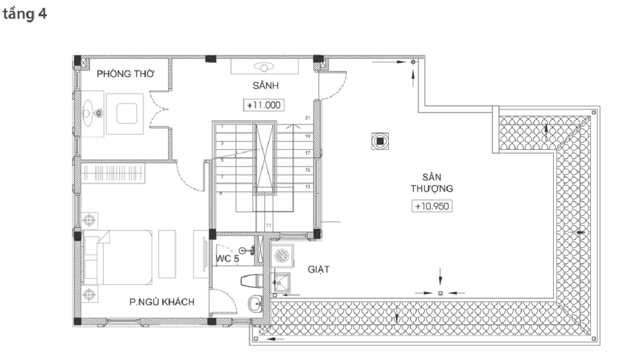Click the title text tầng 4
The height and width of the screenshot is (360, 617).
(25, 14)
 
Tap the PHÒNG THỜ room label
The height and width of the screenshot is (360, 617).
(125, 74)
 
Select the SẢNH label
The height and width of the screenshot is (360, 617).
(266, 86)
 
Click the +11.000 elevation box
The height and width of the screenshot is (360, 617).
(264, 105)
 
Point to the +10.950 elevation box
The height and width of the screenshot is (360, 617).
(432, 206)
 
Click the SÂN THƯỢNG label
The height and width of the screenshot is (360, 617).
(432, 183)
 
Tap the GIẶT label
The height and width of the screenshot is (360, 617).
(318, 269)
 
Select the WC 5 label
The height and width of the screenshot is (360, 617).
(227, 259)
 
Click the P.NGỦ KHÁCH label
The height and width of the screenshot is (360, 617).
(162, 302)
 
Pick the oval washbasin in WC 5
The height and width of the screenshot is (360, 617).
(256, 304)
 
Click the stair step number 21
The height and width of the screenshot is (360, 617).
(307, 118)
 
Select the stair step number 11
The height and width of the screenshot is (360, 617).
(268, 225)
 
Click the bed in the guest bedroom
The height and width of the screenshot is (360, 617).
(118, 257)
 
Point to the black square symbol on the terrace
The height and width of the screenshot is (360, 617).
(380, 141)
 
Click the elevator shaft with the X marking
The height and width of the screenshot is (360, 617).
(264, 159)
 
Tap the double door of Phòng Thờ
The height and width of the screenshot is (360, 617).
(159, 110)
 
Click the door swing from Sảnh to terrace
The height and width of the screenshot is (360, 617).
(333, 85)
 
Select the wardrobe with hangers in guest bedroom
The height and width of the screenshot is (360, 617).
(113, 173)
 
